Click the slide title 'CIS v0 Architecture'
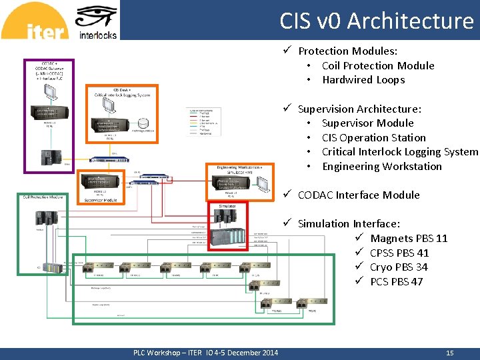[x=377, y=21]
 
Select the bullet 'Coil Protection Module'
[x=377, y=65]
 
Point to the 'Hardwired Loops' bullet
[x=363, y=80]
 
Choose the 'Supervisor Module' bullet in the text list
[x=367, y=123]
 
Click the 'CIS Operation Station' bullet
[x=373, y=137]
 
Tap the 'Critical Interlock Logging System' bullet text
[x=399, y=152]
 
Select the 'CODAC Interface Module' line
[x=358, y=195]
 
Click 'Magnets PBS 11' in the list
[x=409, y=239]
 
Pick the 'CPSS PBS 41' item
[x=399, y=253]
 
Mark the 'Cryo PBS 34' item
[x=399, y=267]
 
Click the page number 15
[x=449, y=353]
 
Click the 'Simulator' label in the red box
[x=227, y=207]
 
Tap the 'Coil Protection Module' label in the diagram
[x=43, y=197]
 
